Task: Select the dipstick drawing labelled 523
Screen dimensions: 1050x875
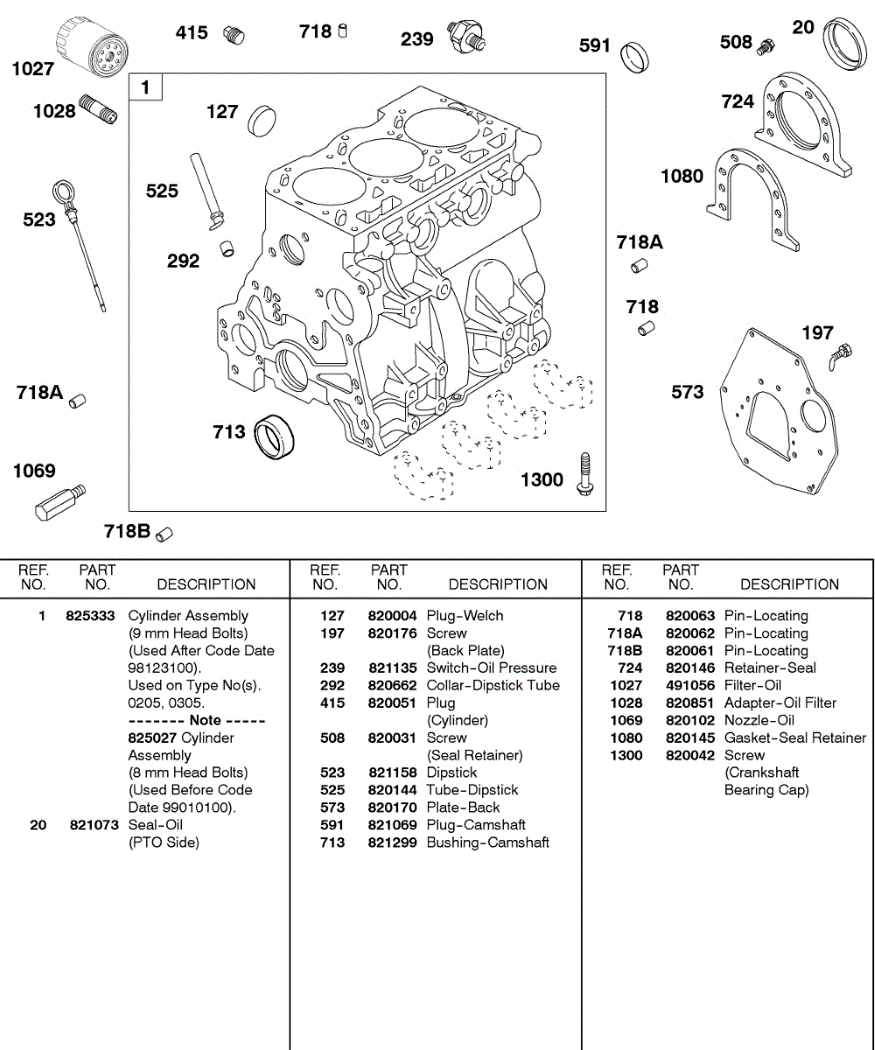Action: tap(82, 241)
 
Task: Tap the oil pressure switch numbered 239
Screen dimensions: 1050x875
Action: tap(465, 37)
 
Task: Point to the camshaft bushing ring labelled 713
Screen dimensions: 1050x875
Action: tap(276, 434)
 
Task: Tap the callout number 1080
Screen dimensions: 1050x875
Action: tap(682, 176)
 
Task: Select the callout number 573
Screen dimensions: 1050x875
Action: tap(687, 392)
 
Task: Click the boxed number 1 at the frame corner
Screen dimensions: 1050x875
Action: tap(145, 87)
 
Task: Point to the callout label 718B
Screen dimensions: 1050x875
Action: tap(128, 531)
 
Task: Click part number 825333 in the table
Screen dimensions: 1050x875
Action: tap(90, 616)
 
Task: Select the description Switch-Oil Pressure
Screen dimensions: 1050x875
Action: tap(491, 668)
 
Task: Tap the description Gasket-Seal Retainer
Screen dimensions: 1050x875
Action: tap(795, 738)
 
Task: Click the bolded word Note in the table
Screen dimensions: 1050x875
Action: tap(206, 721)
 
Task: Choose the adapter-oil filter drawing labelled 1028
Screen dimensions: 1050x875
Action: tap(99, 109)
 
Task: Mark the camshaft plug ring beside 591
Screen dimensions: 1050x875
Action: tap(633, 54)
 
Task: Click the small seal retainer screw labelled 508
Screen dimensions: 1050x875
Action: tap(766, 45)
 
